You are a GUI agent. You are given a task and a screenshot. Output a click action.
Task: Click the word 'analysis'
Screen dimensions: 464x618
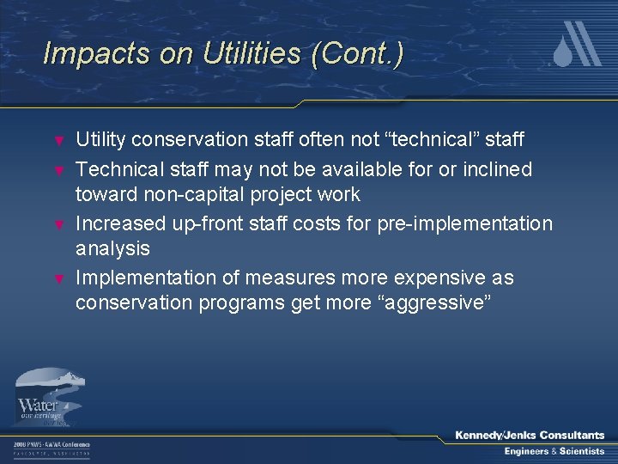coord(112,249)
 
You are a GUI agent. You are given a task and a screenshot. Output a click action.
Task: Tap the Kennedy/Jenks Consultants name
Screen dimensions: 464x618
coord(530,436)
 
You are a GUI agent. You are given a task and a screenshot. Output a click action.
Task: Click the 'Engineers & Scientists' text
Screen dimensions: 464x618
coord(554,452)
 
